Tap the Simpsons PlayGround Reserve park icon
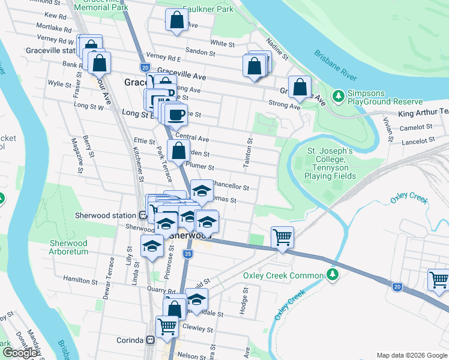pos(338,95)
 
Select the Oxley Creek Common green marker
pos(333,275)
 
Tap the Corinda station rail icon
pos(151,340)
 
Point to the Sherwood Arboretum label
pos(68,247)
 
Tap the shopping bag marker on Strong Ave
pos(300,87)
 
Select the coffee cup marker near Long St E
pos(176,114)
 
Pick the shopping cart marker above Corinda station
pos(167,326)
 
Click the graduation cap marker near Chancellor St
pos(202,191)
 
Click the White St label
pos(222,43)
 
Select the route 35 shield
pos(188,254)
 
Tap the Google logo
pos(20,353)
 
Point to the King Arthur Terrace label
pos(423,113)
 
